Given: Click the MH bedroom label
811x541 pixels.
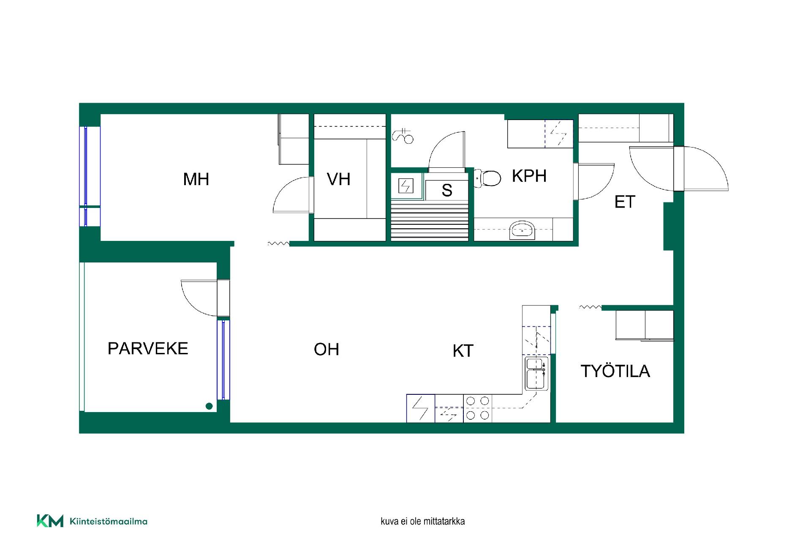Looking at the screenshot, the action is (196, 179).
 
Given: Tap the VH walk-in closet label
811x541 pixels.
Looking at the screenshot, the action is (338, 179).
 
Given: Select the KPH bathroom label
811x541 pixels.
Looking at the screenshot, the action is (529, 176).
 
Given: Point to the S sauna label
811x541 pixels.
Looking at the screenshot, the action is (447, 190).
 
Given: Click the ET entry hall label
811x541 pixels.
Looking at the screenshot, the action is (625, 202).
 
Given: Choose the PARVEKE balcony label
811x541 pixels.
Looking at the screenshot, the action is (148, 348).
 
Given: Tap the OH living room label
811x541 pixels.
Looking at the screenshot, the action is (327, 349).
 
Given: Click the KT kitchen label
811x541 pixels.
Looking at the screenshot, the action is (463, 351).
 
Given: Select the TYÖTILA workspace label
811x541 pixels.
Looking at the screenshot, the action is (615, 371).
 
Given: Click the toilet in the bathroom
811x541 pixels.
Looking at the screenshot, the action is (488, 178).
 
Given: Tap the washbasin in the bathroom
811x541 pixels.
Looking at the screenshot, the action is (523, 230).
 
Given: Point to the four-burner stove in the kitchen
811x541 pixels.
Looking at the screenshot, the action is (478, 408).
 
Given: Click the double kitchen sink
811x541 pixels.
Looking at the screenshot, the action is (536, 374).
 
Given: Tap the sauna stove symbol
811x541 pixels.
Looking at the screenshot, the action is (406, 186).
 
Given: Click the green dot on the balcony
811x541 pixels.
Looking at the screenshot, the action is (209, 406).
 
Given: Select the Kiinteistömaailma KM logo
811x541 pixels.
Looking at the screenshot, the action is (92, 521).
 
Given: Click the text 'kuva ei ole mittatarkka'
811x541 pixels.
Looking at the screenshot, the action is (422, 521).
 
